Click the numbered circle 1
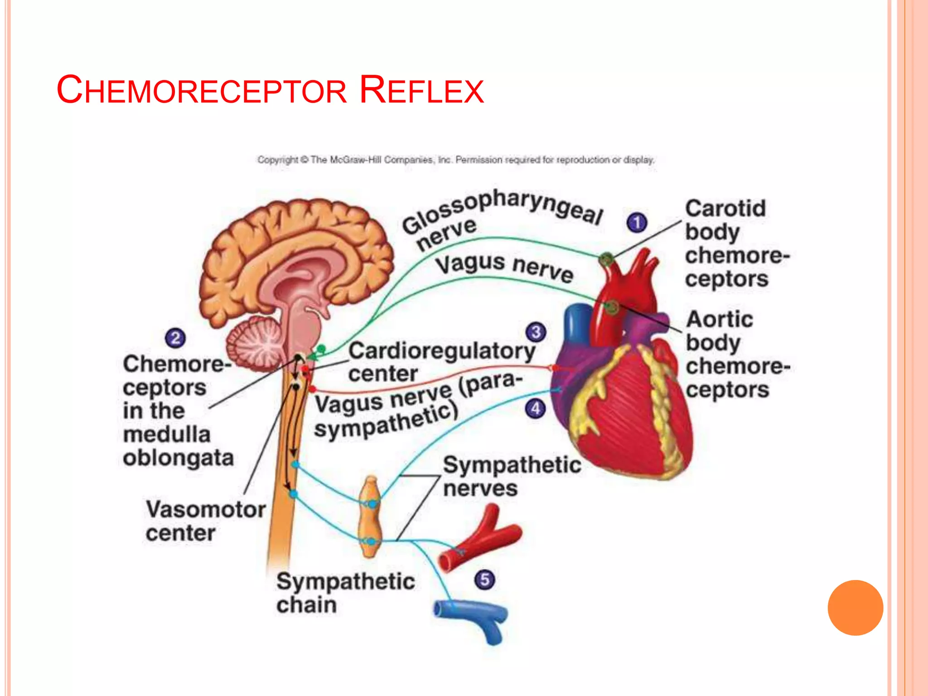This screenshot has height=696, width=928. coord(637,222)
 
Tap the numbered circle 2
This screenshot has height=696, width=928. coord(175,338)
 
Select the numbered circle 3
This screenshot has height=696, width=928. coord(536,332)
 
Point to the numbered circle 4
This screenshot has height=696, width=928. coord(535,409)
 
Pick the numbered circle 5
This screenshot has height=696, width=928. coord(485,580)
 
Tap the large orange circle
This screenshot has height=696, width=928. coord(855,608)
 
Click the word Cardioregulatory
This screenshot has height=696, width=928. coord(442,352)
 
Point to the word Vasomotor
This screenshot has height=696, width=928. coord(206,509)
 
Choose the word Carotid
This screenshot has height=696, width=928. coord(725,209)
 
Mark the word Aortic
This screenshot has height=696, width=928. coord(720,319)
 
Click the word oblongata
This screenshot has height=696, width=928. coord(178,458)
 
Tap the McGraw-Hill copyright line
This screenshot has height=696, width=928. coord(456,160)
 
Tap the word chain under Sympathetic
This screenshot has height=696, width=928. coord(306,605)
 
